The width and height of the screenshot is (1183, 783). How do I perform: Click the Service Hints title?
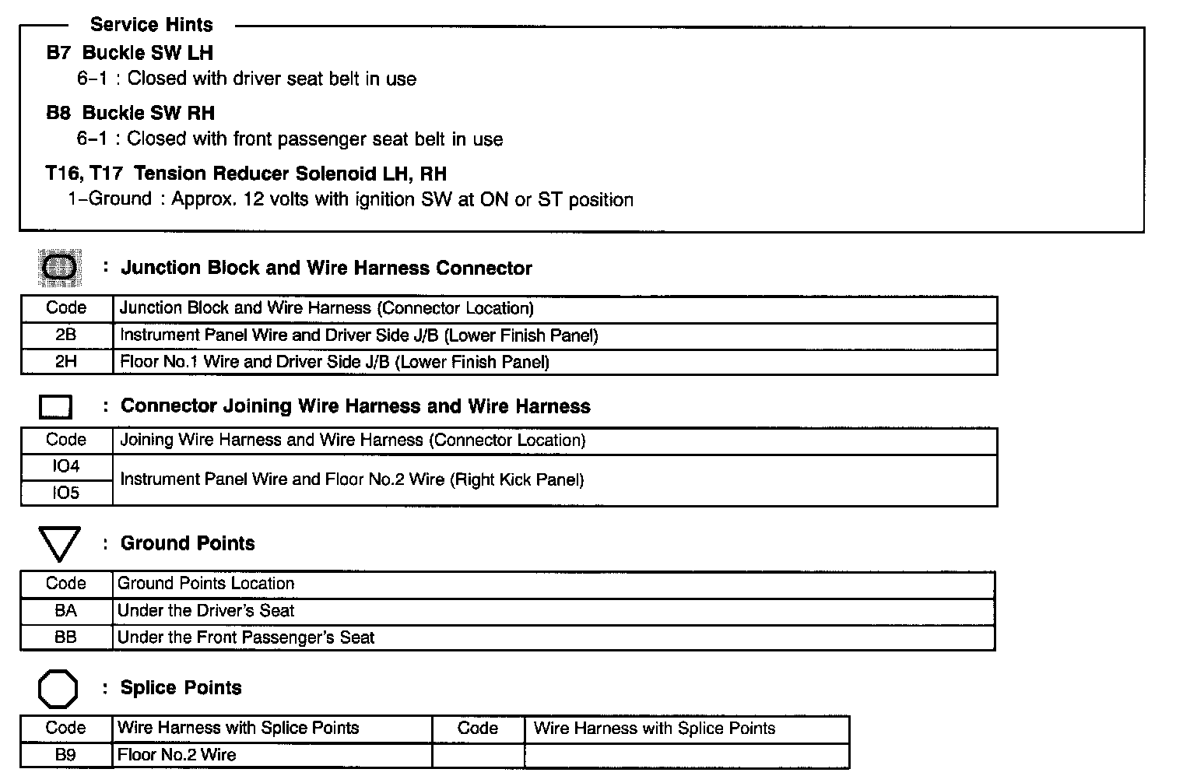(151, 25)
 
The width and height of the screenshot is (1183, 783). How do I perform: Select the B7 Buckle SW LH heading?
(129, 53)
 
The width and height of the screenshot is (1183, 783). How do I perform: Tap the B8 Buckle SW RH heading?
(130, 113)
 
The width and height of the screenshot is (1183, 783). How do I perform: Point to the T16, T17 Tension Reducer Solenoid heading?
(246, 174)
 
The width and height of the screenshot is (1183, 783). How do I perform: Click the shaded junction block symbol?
(60, 268)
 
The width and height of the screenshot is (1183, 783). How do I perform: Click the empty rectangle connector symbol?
(55, 406)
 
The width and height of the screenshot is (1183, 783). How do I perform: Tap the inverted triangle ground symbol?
(59, 543)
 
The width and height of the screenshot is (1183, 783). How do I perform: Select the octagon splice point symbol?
(58, 689)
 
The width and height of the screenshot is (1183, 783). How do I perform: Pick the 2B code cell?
(66, 335)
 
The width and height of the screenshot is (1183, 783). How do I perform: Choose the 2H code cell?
(66, 362)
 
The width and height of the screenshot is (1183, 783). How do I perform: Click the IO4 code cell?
(66, 466)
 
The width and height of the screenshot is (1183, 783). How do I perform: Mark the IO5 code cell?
(66, 493)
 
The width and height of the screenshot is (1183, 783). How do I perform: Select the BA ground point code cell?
(66, 611)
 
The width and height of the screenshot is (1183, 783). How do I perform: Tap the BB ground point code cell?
(66, 637)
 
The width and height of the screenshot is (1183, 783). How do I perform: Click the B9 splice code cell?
(66, 755)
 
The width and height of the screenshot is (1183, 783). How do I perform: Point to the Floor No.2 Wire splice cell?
(177, 755)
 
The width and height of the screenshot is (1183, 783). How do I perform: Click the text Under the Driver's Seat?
(206, 611)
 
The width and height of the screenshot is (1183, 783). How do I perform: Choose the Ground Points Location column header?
(206, 584)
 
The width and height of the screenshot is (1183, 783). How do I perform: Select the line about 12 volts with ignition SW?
(350, 200)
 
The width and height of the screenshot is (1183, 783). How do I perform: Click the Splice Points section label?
(181, 688)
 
